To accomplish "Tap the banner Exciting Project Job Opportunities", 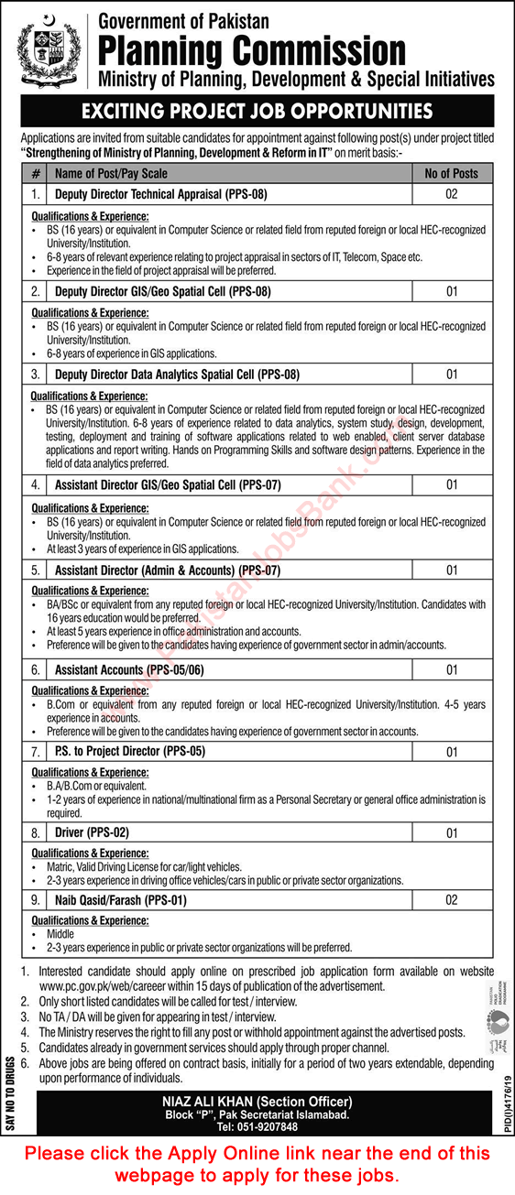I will pos(257,112).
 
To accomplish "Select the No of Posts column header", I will pos(451,173).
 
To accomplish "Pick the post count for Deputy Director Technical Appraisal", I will pos(451,194).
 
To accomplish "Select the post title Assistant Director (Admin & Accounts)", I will pos(167,570).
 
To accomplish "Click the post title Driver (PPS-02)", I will pos(92,834).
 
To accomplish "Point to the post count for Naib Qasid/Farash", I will pos(451,900).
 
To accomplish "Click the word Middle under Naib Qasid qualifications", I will pos(61,935).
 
